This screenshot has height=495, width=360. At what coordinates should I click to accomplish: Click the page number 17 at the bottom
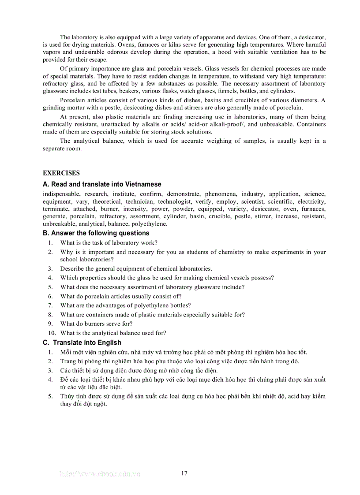[x=184, y=473]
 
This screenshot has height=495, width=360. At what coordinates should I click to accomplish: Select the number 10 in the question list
[x=52, y=333]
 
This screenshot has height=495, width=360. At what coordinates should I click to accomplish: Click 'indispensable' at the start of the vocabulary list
[x=61, y=194]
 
